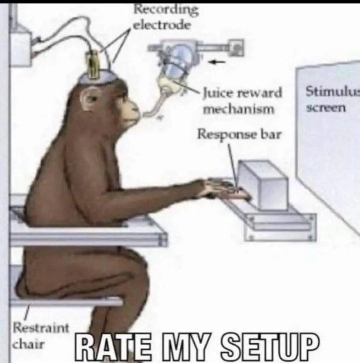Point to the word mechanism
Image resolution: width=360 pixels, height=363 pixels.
click(239, 109)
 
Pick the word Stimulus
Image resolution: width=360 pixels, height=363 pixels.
click(333, 91)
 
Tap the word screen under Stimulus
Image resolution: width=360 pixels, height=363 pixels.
click(326, 108)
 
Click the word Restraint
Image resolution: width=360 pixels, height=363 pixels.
click(41, 328)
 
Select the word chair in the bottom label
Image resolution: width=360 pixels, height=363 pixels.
click(28, 344)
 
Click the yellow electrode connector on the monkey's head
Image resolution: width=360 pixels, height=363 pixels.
click(93, 64)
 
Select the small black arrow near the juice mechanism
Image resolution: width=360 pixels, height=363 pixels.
click(217, 62)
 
